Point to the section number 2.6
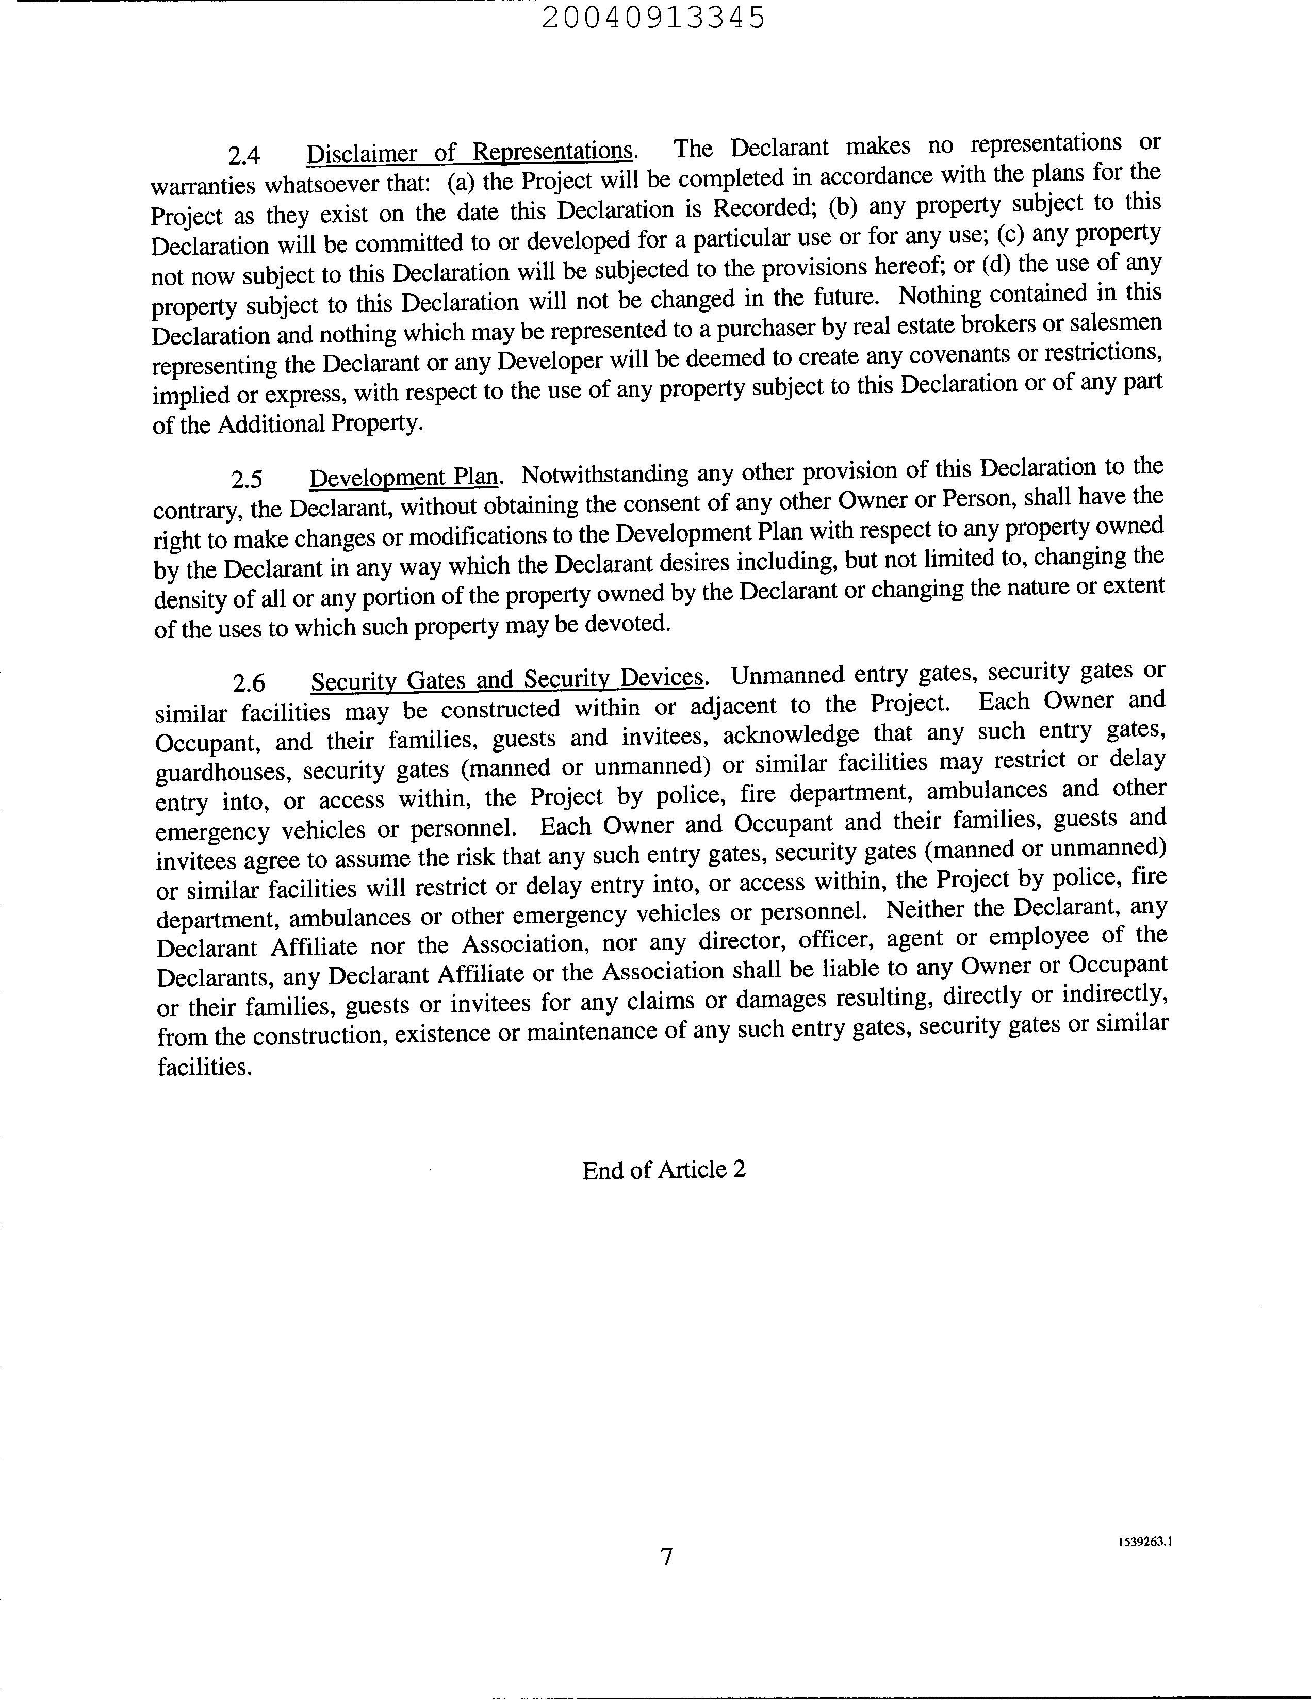[x=249, y=683]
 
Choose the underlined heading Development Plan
[x=403, y=477]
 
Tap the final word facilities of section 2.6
[x=203, y=1067]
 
